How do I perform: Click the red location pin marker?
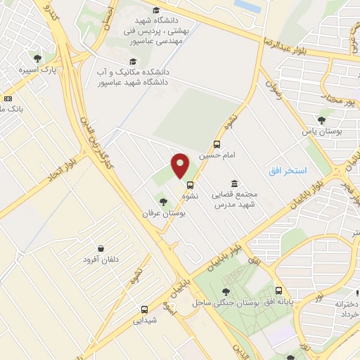[x=181, y=166]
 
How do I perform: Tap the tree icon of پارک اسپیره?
[x=37, y=59]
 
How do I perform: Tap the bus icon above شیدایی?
[x=144, y=309]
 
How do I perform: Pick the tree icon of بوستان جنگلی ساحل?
[x=225, y=292]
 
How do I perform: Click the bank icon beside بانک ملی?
[x=8, y=99]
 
